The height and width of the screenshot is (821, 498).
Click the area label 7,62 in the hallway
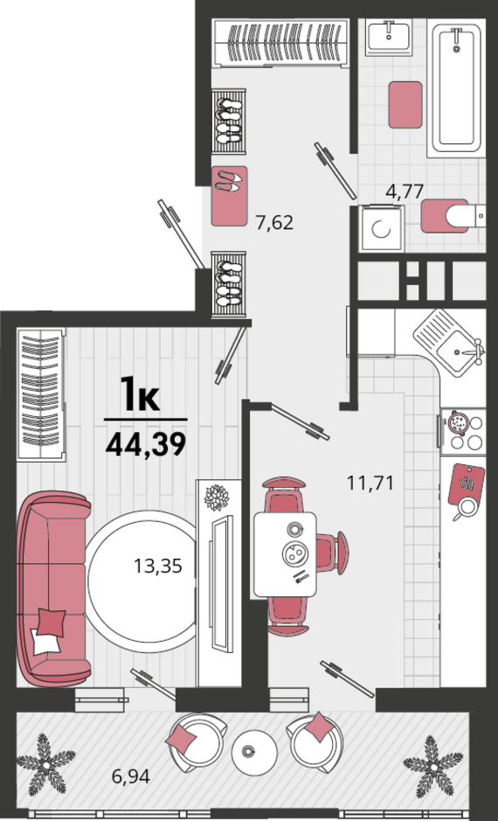273,223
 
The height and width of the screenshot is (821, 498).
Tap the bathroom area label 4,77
404,191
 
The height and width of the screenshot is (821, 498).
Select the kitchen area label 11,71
370,483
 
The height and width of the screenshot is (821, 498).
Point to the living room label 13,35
158,566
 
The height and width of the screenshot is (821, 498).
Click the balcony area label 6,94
131,776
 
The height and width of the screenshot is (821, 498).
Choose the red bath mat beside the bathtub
405,105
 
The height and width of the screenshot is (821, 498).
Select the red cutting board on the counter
467,484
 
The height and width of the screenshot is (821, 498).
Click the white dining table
285,554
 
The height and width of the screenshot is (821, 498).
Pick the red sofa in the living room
54,588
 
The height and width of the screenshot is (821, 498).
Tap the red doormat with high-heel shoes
230,196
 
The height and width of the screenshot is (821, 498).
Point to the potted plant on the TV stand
216,497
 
